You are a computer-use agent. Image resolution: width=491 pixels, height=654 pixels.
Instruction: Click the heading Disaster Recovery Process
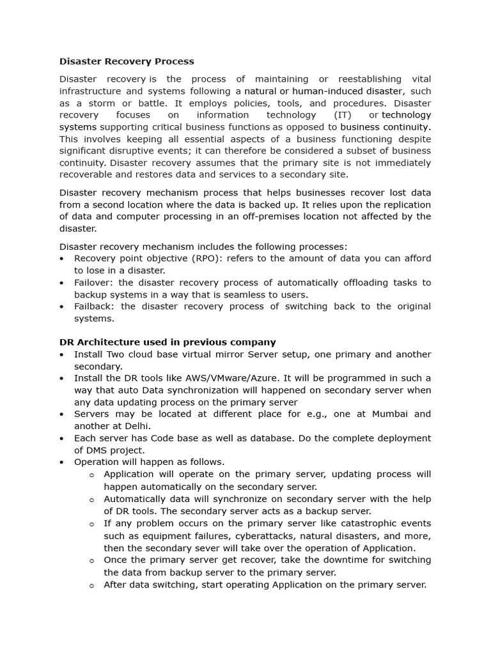pos(127,62)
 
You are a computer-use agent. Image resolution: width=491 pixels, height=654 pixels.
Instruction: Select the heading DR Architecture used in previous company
pos(168,342)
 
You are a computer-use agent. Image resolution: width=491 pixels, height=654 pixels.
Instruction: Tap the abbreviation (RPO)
pos(189,259)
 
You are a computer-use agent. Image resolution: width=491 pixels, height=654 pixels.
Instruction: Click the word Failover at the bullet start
pos(94,283)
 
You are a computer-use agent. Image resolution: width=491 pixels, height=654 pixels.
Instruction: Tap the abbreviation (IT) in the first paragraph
pos(343,115)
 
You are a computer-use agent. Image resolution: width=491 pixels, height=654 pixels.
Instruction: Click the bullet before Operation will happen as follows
pos(61,462)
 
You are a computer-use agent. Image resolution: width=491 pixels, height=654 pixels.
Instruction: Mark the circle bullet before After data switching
pos(92,585)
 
